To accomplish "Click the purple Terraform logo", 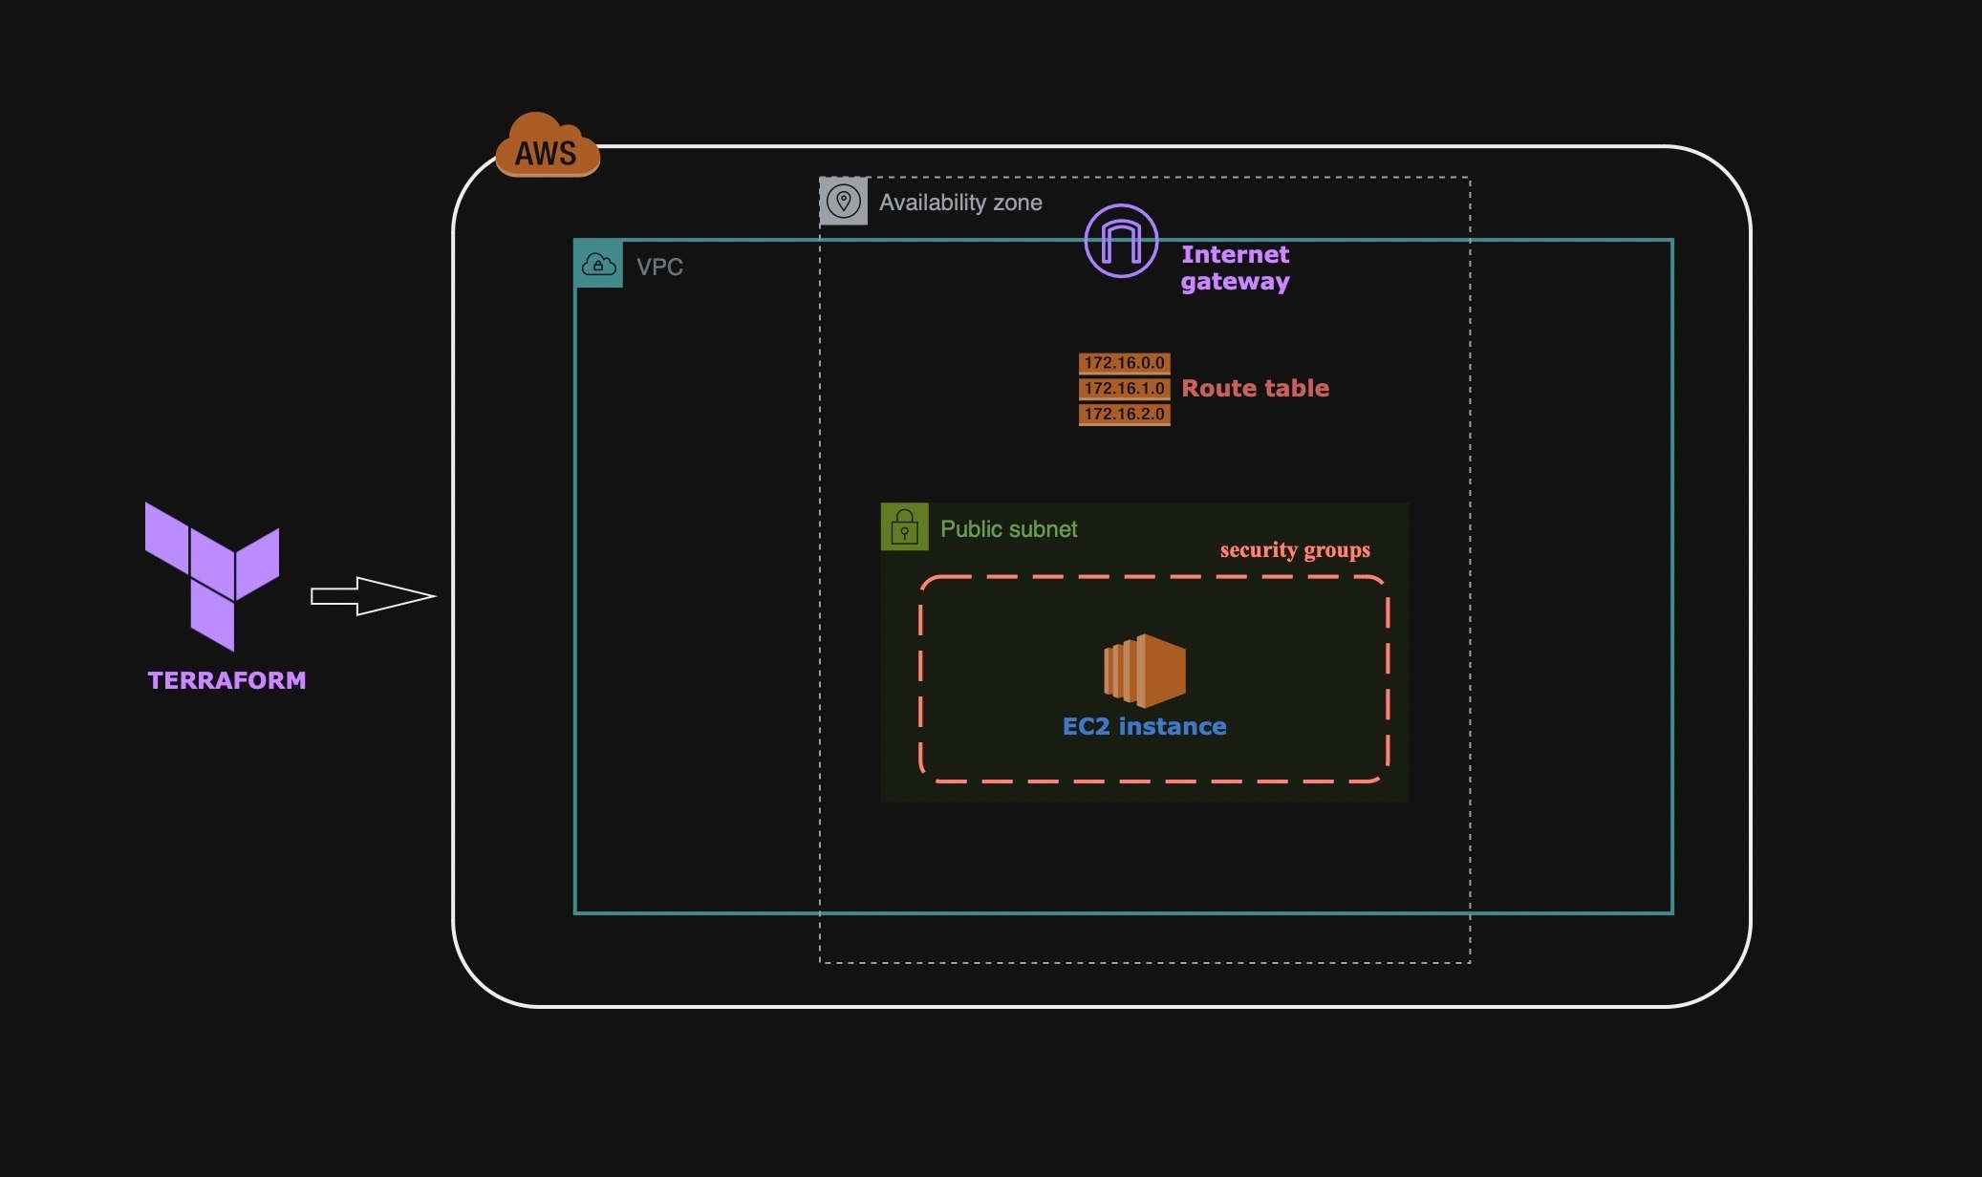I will tap(212, 573).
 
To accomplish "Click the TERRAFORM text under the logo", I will tap(226, 680).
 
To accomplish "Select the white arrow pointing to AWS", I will tap(373, 596).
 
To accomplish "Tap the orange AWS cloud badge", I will tap(547, 148).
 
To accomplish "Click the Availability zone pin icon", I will tap(844, 202).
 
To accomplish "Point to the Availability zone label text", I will tap(960, 203).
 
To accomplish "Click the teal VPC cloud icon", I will tap(599, 265).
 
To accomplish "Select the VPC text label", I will tap(659, 267).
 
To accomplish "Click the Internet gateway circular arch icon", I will tap(1121, 241).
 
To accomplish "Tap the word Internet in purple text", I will tap(1235, 254).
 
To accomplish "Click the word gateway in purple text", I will tap(1235, 282).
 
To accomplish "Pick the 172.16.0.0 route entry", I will tap(1124, 363).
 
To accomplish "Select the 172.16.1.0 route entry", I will tap(1124, 389).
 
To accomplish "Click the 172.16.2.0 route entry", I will tap(1124, 414).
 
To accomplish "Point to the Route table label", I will tap(1255, 388).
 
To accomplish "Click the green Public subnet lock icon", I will tap(904, 527).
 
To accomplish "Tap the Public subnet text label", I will tap(1008, 529).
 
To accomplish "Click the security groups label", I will tap(1295, 550).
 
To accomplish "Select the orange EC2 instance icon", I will tap(1145, 670).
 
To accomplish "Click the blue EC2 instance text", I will tap(1144, 726).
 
